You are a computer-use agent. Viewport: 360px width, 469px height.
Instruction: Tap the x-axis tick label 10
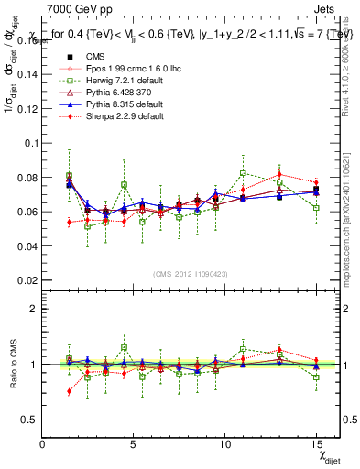pyautogui.click(x=226, y=444)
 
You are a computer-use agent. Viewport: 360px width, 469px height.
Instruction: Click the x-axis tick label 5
pyautogui.click(x=135, y=444)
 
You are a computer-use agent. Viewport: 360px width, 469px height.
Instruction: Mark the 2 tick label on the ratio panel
pyautogui.click(x=33, y=310)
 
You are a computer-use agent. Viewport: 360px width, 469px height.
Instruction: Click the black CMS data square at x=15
pyautogui.click(x=316, y=190)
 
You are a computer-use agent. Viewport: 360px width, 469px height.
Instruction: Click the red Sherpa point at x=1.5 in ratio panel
pyautogui.click(x=70, y=391)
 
